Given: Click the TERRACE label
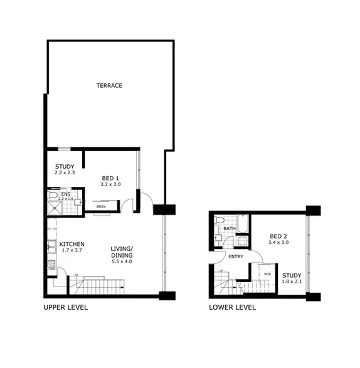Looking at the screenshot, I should [109, 85].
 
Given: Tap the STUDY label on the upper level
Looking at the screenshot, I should [65, 166].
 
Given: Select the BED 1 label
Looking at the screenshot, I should [110, 178].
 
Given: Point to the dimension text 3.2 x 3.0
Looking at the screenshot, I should [110, 184].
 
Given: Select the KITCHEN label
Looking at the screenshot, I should [73, 244].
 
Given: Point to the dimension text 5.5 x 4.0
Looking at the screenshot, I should [122, 261].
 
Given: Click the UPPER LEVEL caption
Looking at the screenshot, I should [65, 307].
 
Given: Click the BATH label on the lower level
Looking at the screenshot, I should [230, 229].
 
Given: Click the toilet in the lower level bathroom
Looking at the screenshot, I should [219, 221].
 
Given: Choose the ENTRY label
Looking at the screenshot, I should [236, 256].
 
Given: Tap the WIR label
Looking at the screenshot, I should [267, 273].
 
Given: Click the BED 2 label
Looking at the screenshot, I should [278, 236].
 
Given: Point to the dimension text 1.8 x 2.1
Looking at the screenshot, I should [292, 282].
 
